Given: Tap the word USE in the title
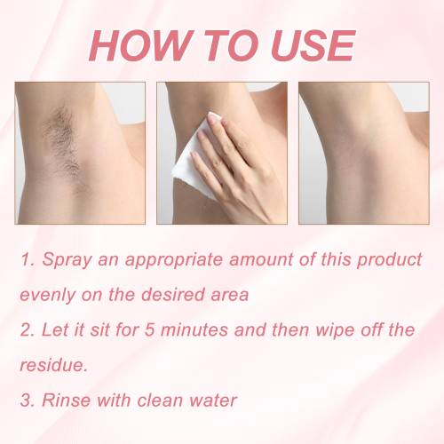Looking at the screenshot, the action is pyautogui.click(x=313, y=45).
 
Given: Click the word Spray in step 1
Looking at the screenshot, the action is pyautogui.click(x=67, y=260).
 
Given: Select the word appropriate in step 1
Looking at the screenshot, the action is pyautogui.click(x=174, y=260).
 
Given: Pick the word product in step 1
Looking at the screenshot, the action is pyautogui.click(x=389, y=259).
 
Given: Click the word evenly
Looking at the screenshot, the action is pyautogui.click(x=47, y=296).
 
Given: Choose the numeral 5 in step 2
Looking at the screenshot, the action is pyautogui.click(x=150, y=329).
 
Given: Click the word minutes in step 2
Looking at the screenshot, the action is pyautogui.click(x=194, y=329).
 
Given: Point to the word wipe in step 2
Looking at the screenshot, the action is pyautogui.click(x=335, y=330).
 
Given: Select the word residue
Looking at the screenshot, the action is pyautogui.click(x=54, y=365).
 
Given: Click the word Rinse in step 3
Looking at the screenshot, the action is pyautogui.click(x=67, y=400).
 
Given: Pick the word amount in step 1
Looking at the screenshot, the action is pyautogui.click(x=261, y=260).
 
